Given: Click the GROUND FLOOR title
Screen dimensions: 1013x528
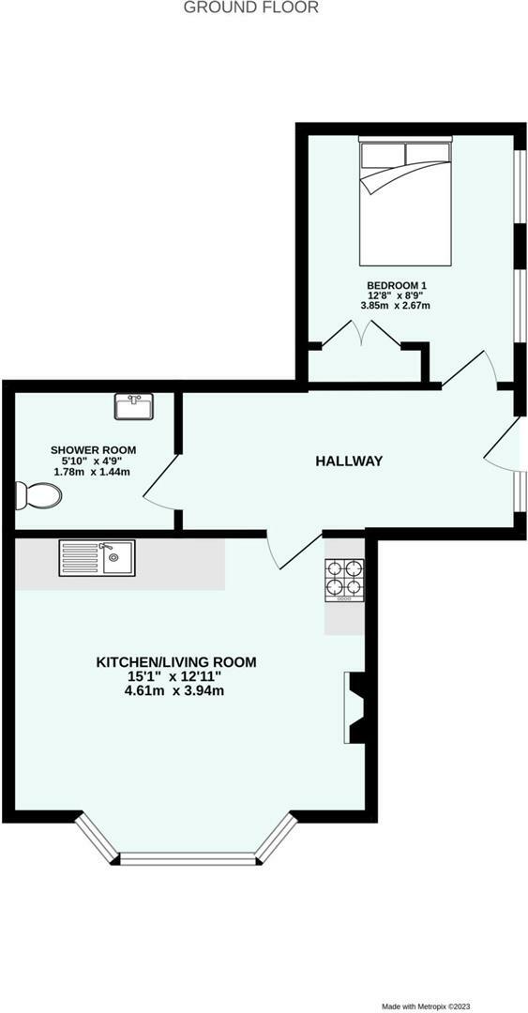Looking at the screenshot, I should pyautogui.click(x=250, y=8).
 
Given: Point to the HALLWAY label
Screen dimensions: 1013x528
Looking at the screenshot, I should pyautogui.click(x=349, y=461).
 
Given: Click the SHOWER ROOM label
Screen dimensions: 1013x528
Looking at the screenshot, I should pyautogui.click(x=93, y=450).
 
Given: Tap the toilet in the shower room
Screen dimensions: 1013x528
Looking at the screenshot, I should pyautogui.click(x=38, y=494).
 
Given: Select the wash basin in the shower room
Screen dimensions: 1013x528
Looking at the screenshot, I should pyautogui.click(x=133, y=406).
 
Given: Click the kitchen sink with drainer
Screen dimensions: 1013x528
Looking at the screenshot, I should pyautogui.click(x=97, y=557).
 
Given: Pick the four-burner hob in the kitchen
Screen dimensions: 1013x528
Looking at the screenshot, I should pyautogui.click(x=343, y=579).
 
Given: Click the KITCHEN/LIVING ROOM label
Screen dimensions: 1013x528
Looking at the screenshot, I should pyautogui.click(x=176, y=662).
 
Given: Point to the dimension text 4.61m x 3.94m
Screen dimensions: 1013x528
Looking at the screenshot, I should pyautogui.click(x=176, y=691).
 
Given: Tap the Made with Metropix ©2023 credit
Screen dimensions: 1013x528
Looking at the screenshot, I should pyautogui.click(x=466, y=1006).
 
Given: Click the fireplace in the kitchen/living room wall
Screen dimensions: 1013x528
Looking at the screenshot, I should pyautogui.click(x=356, y=708).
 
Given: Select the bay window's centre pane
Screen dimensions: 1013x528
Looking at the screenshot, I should pyautogui.click(x=188, y=856).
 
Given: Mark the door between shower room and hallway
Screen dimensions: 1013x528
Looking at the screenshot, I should pyautogui.click(x=159, y=482).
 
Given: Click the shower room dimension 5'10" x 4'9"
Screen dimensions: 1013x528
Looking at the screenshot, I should pyautogui.click(x=93, y=461).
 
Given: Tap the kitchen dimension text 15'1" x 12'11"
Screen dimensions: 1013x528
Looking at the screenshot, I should pyautogui.click(x=176, y=676).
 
